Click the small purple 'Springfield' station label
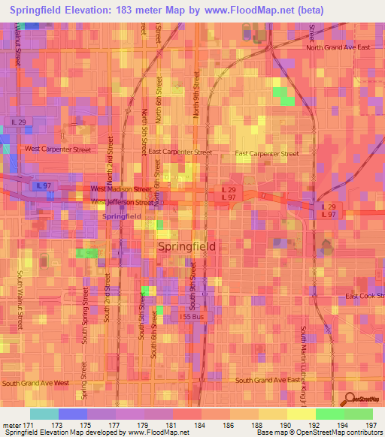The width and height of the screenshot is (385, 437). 121,216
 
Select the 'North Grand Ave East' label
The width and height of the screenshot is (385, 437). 338,48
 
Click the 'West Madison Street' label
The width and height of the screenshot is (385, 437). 120,189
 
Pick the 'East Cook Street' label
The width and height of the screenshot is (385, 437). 365,297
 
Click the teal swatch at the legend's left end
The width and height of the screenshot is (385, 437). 44,414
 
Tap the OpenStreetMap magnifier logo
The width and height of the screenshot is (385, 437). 348,399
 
